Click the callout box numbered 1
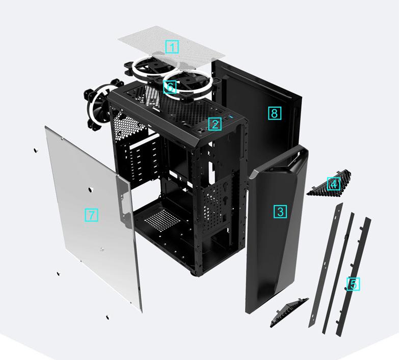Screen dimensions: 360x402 pyautogui.click(x=172, y=47)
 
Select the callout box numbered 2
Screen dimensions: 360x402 pyautogui.click(x=215, y=124)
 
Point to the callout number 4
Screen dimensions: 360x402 pyautogui.click(x=334, y=184)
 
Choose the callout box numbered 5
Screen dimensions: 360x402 pyautogui.click(x=353, y=284)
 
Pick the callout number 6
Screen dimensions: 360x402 pyautogui.click(x=170, y=87)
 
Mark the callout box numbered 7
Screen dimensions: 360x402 pyautogui.click(x=91, y=215)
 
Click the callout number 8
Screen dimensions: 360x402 pyautogui.click(x=274, y=113)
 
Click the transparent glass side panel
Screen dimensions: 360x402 pyautogui.click(x=76, y=244)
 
